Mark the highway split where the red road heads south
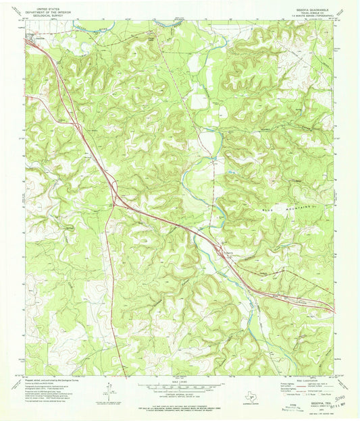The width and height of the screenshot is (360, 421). (115, 200)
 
